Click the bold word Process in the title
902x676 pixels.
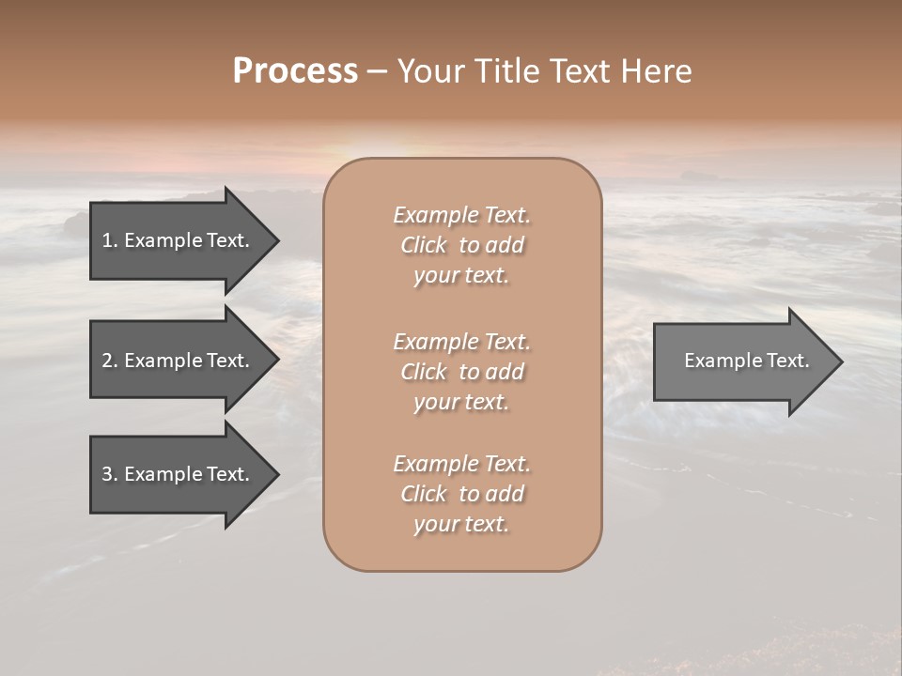pyautogui.click(x=295, y=71)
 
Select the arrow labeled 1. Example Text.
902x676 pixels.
pyautogui.click(x=179, y=240)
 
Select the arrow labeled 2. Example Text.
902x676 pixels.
pyautogui.click(x=179, y=361)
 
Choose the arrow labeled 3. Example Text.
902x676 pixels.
pyautogui.click(x=179, y=474)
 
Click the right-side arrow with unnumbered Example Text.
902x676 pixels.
pyautogui.click(x=742, y=361)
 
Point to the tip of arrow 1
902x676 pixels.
pyautogui.click(x=277, y=241)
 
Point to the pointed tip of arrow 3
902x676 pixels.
pyautogui.click(x=277, y=474)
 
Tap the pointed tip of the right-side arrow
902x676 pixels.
pyautogui.click(x=841, y=361)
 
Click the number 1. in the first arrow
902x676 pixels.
pyautogui.click(x=110, y=240)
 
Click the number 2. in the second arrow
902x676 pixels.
pyautogui.click(x=110, y=361)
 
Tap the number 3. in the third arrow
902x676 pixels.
pyautogui.click(x=110, y=474)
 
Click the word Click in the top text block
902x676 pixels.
pyautogui.click(x=424, y=245)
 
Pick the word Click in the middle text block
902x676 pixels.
pyautogui.click(x=424, y=372)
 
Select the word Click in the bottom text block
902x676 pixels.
pyautogui.click(x=424, y=494)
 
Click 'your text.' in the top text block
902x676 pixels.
pyautogui.click(x=461, y=276)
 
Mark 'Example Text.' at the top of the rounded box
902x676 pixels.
pyautogui.click(x=461, y=215)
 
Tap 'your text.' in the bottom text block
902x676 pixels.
pyautogui.click(x=461, y=525)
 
